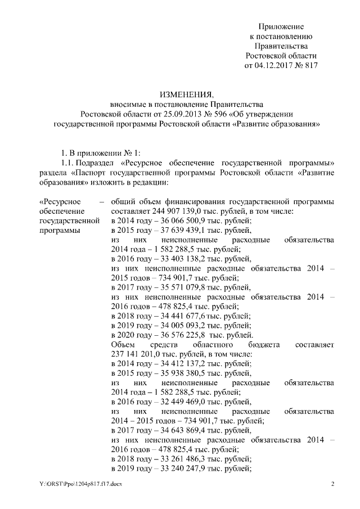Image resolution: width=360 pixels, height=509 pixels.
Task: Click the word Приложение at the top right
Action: pos(281,26)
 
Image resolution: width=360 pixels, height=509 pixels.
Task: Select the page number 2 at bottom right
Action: pos(332,484)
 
